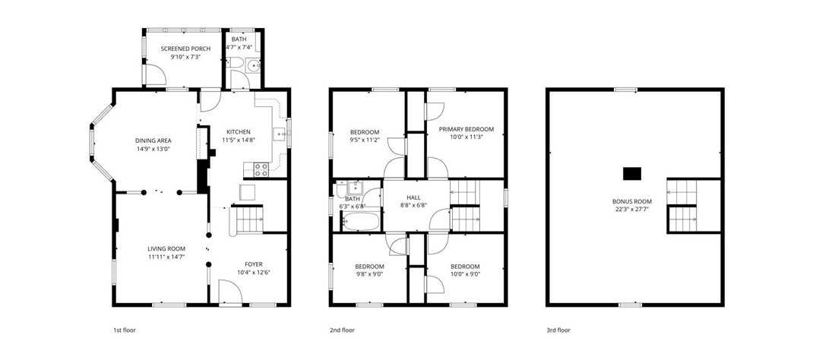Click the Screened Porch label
point(185,49)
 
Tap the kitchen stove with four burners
point(261,169)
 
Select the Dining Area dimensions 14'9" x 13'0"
point(153,149)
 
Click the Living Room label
point(166,248)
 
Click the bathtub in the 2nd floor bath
point(362,220)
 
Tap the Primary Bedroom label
point(466,128)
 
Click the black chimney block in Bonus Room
point(631,174)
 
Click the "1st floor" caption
point(125,330)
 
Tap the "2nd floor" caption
point(342,330)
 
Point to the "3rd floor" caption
point(558,330)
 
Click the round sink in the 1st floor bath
point(253,66)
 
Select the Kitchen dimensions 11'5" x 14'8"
point(239,141)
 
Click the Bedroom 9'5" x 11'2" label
point(365,132)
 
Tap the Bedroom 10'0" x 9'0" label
point(465,267)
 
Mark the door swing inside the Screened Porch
point(156,74)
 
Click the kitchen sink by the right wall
point(280,134)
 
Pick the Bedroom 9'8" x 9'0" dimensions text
point(369,274)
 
